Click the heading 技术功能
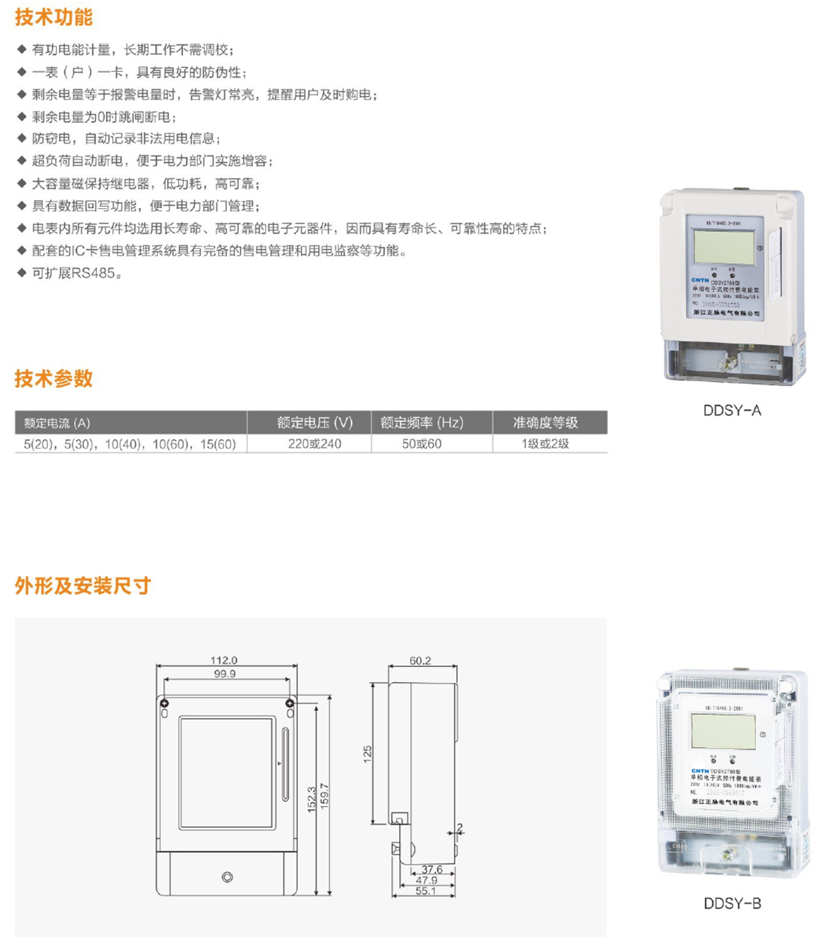54,17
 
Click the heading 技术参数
54,379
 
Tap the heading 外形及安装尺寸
83,586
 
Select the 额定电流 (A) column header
57,423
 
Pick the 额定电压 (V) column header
315,423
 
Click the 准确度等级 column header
545,423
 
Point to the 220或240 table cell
315,444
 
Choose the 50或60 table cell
421,444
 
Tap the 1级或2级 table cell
545,444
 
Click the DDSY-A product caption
732,411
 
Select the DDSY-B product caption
732,904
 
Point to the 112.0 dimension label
224,661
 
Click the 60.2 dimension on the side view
420,661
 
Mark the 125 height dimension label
368,754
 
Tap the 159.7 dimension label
325,796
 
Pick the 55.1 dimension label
425,892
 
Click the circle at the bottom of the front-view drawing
227,877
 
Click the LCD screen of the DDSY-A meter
723,246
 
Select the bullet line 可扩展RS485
77,273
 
